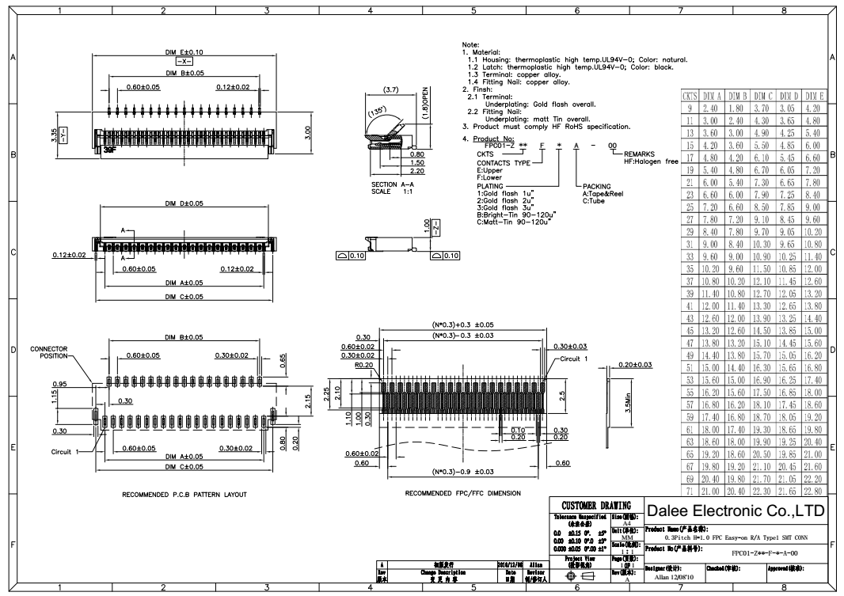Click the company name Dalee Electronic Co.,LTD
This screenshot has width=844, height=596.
(736, 508)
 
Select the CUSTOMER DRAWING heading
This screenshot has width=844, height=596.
(595, 505)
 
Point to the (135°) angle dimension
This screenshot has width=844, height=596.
(375, 111)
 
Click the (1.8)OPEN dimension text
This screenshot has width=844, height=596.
(426, 101)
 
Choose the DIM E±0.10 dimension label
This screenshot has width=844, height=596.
(184, 52)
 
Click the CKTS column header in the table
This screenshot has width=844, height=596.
(690, 95)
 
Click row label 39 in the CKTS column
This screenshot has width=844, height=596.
(690, 293)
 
